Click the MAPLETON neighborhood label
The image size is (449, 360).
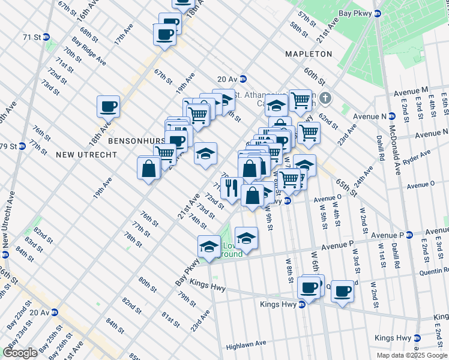coord(309,54)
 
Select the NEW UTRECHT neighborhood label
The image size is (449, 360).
coord(82,154)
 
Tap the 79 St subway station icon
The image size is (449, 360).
coord(22,146)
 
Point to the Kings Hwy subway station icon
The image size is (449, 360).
coord(302,305)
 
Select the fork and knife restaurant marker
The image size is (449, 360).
coord(231,187)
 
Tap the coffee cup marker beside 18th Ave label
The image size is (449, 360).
coord(109,107)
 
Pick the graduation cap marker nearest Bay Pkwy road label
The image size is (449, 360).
coord(209,247)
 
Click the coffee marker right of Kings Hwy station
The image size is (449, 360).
coord(342,292)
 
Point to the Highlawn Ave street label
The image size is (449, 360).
coord(246,345)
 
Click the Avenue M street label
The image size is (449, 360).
coord(411,91)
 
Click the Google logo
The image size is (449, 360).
coord(20,352)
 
